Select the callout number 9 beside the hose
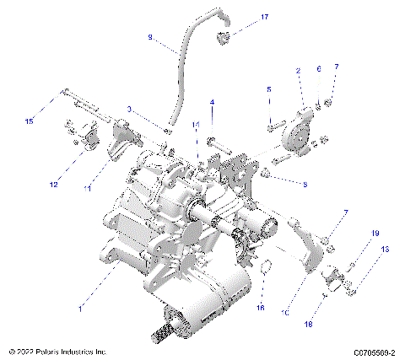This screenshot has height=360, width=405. click(x=150, y=37)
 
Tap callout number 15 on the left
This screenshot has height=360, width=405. click(x=30, y=121)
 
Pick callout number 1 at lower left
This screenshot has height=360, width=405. click(x=81, y=309)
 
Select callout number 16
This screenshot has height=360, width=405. click(x=261, y=308)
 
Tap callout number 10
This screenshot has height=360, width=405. click(x=286, y=312)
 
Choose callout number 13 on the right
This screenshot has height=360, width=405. click(x=385, y=250)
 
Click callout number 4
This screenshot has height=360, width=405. click(x=212, y=102)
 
